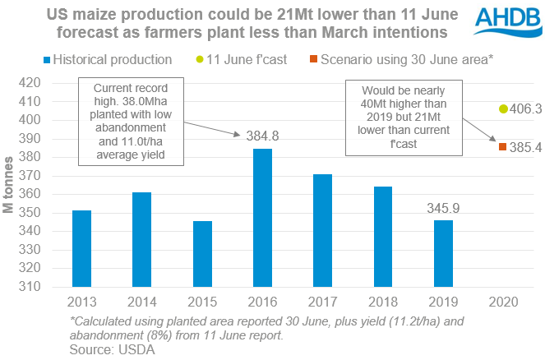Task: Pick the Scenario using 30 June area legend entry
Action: (x=405, y=60)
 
